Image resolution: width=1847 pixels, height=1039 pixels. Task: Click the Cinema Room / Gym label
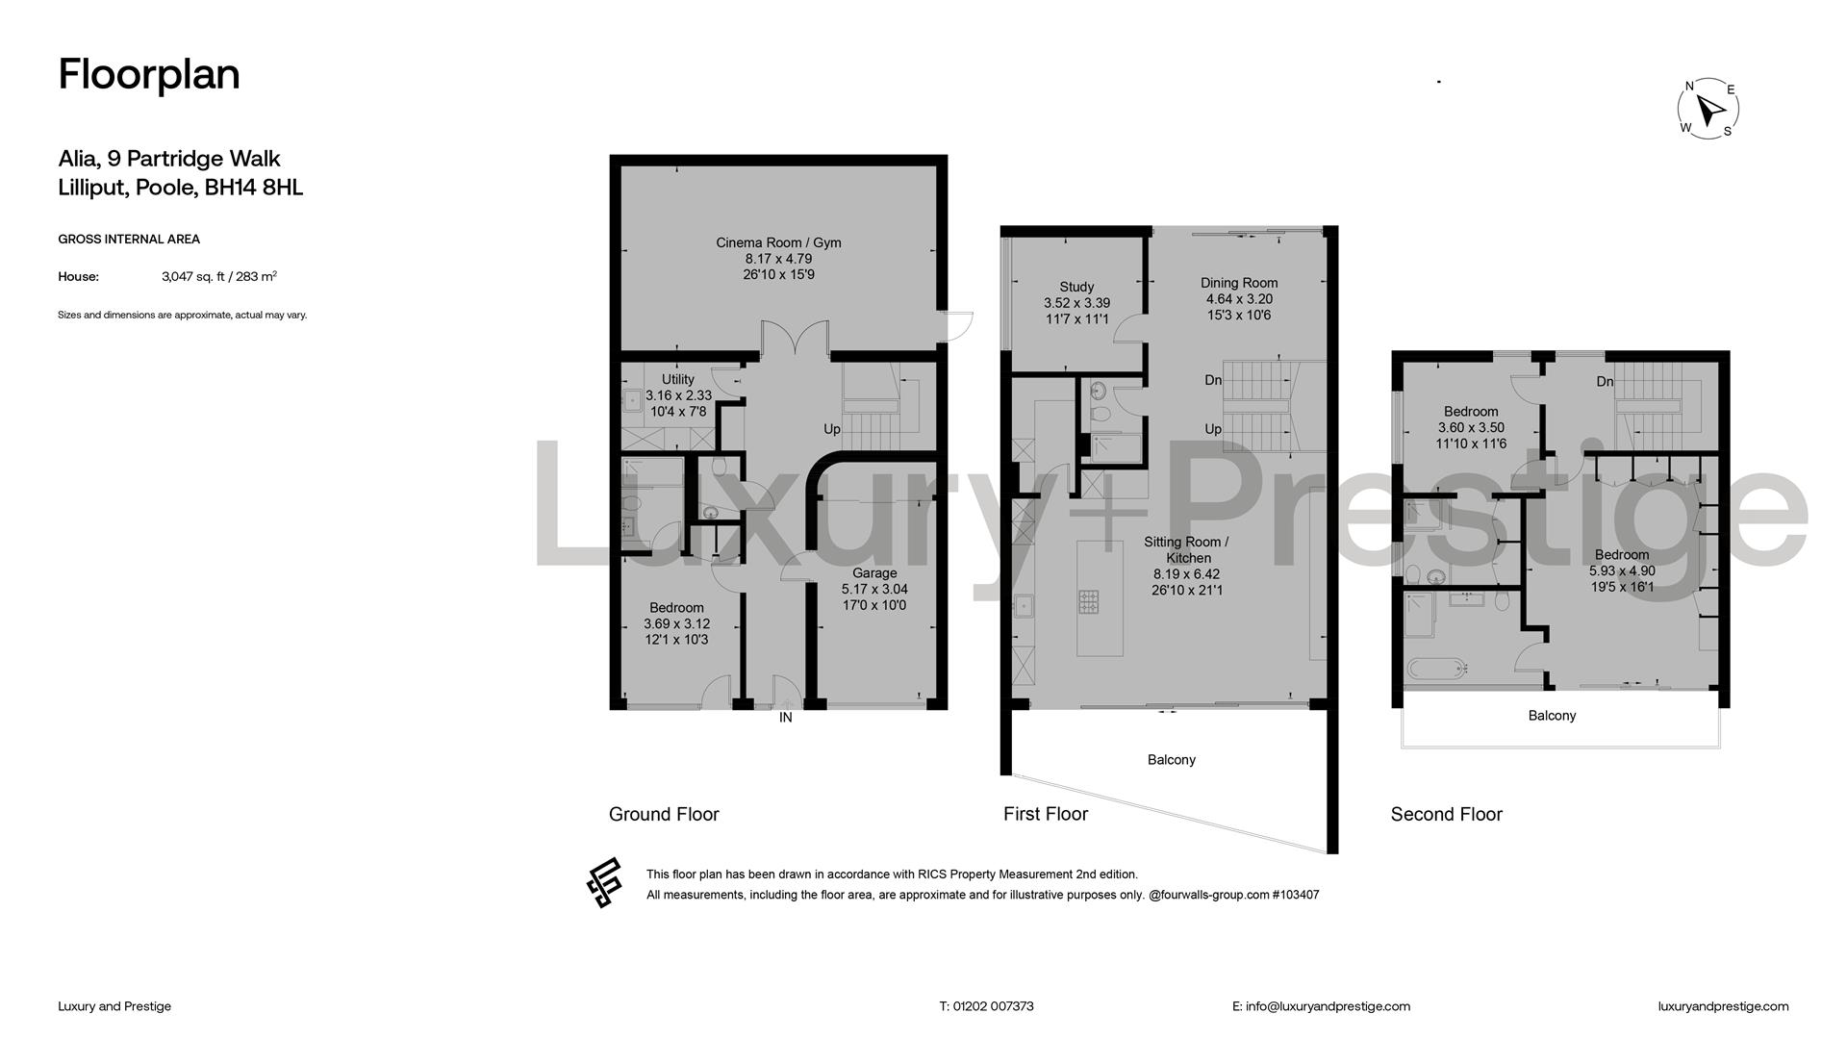pyautogui.click(x=778, y=242)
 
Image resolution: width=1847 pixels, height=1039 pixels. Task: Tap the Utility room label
pyautogui.click(x=677, y=379)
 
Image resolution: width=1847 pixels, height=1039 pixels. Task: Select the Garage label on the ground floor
pyautogui.click(x=874, y=573)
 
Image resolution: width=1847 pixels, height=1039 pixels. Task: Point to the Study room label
pyautogui.click(x=1076, y=287)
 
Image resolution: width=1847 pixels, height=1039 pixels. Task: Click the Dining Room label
pyautogui.click(x=1239, y=283)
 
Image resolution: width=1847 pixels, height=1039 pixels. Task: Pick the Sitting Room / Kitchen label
pyautogui.click(x=1187, y=549)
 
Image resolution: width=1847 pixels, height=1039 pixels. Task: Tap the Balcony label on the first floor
pyautogui.click(x=1172, y=760)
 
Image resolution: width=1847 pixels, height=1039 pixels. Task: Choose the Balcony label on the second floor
pyautogui.click(x=1552, y=716)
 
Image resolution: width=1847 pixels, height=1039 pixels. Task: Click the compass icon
pyautogui.click(x=1708, y=109)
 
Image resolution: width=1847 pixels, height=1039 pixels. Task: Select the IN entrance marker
pyautogui.click(x=786, y=718)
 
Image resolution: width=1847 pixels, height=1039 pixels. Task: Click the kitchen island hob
pyautogui.click(x=1088, y=602)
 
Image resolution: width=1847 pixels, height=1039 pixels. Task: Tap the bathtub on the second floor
pyautogui.click(x=1436, y=669)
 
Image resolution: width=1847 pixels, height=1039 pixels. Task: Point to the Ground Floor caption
pyautogui.click(x=664, y=814)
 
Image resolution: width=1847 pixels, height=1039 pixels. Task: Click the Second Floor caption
pyautogui.click(x=1446, y=814)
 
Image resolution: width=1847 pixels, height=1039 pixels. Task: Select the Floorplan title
pyautogui.click(x=149, y=74)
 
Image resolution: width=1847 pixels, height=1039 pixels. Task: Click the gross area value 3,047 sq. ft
pyautogui.click(x=193, y=277)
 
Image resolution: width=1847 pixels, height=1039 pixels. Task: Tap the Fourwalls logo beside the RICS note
pyautogui.click(x=604, y=883)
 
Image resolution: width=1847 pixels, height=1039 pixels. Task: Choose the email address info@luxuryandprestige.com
pyautogui.click(x=1328, y=1006)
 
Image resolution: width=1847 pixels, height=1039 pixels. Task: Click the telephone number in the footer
pyautogui.click(x=994, y=1006)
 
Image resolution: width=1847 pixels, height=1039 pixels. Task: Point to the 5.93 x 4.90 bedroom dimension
pyautogui.click(x=1622, y=570)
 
